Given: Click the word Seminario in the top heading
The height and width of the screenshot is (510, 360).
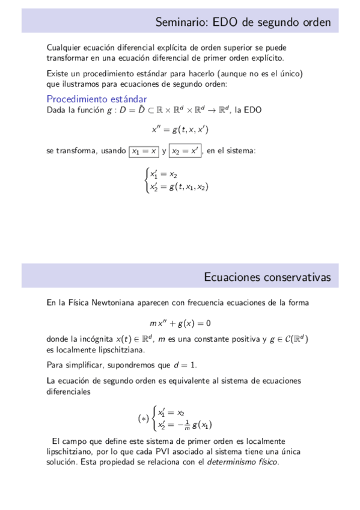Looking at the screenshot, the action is [179, 22].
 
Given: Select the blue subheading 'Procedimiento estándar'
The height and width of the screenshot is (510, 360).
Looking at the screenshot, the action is [96, 99].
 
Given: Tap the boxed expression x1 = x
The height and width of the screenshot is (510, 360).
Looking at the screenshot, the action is [144, 151].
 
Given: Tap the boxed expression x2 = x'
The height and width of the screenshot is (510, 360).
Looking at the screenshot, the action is [186, 151].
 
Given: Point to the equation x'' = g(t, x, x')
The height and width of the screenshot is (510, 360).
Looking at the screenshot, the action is [180, 129].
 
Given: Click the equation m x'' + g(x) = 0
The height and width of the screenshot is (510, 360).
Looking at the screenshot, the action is [180, 322].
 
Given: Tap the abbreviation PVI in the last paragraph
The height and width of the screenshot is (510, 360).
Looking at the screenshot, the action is [177, 452].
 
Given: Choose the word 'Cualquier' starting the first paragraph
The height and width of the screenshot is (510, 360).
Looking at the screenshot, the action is [62, 48].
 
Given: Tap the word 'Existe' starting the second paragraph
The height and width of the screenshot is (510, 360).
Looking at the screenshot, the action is [57, 73].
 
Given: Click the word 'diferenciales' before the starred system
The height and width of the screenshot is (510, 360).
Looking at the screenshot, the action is [69, 391].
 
